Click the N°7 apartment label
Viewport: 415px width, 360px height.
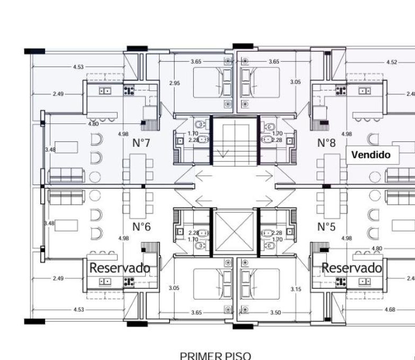click(x=141, y=143)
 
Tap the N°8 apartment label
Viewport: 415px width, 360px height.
click(x=326, y=143)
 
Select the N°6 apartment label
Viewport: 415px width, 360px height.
click(x=142, y=227)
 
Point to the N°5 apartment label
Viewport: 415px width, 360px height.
click(x=326, y=227)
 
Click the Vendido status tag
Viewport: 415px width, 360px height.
click(x=371, y=155)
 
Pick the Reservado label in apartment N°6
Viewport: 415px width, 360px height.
click(x=120, y=268)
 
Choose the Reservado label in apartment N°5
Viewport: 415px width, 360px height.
click(x=352, y=268)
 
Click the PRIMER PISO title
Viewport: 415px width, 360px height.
click(x=215, y=356)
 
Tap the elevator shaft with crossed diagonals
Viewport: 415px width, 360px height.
click(x=234, y=231)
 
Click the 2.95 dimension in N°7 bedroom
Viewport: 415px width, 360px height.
click(x=175, y=83)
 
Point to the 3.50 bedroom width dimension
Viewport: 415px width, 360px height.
click(x=276, y=312)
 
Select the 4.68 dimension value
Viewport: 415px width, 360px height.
click(x=390, y=309)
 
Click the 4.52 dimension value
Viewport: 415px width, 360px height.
click(x=392, y=62)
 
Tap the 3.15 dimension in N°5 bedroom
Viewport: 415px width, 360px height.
click(x=296, y=289)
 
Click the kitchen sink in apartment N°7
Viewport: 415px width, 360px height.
click(x=105, y=91)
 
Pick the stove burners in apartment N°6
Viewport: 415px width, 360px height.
click(x=129, y=282)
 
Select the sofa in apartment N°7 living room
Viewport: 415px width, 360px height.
click(x=66, y=175)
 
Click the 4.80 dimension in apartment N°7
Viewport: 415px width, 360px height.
click(x=93, y=123)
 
